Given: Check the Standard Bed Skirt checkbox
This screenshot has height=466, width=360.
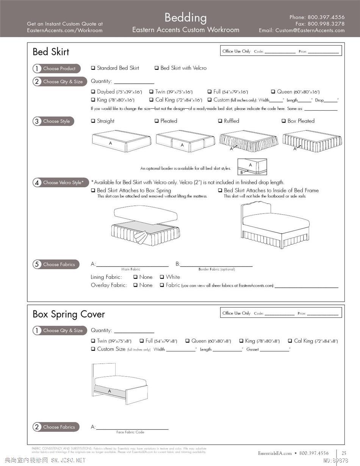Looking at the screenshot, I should [x=93, y=68].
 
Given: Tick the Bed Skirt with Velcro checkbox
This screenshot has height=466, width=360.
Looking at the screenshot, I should [x=157, y=68].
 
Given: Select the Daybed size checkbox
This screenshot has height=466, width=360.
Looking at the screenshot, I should [x=93, y=92].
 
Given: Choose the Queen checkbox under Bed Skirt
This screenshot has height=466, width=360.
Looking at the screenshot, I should [x=273, y=92].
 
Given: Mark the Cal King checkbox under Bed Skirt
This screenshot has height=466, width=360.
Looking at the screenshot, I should [x=151, y=100].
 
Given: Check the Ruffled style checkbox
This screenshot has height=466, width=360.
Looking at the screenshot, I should [x=220, y=121].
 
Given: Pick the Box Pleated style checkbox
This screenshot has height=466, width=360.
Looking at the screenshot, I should [x=284, y=121].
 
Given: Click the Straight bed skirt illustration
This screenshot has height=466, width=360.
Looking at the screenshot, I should [x=121, y=141].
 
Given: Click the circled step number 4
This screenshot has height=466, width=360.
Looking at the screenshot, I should [x=37, y=183].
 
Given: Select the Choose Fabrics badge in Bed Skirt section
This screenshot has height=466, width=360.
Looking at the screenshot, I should [x=56, y=264].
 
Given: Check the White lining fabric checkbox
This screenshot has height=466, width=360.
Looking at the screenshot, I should [x=162, y=277].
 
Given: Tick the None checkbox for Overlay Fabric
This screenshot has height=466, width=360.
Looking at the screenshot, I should [x=135, y=286].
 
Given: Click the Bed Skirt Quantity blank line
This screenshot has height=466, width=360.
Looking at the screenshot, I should [x=134, y=82].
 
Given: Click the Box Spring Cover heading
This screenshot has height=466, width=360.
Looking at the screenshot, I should [x=69, y=314].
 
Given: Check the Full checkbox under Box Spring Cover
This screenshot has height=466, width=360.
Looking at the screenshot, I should [x=141, y=341].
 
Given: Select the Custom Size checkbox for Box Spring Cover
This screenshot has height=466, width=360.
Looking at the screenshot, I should [x=93, y=349].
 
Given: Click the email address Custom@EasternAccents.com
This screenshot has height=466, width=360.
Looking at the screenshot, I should [x=310, y=30].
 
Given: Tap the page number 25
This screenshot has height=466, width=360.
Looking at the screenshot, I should [x=344, y=453].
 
